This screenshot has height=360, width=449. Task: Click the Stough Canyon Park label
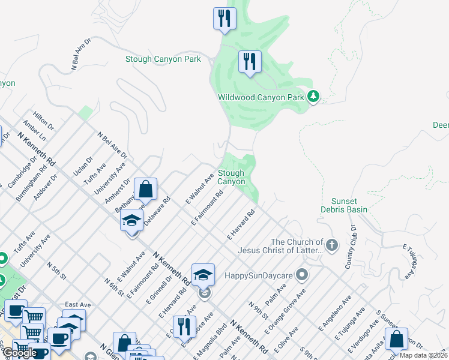163,59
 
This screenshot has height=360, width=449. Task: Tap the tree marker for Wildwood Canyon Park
313,96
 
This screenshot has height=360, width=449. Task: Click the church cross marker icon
331,244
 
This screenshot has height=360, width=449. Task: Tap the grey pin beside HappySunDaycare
302,275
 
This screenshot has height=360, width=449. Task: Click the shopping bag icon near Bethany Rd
145,190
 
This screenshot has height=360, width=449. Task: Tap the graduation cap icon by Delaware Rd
132,220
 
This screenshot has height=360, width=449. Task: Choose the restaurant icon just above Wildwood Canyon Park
249,61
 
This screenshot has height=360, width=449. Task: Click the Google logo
20,353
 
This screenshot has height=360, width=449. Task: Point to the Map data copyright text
424,355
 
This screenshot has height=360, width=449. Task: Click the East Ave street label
77,305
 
